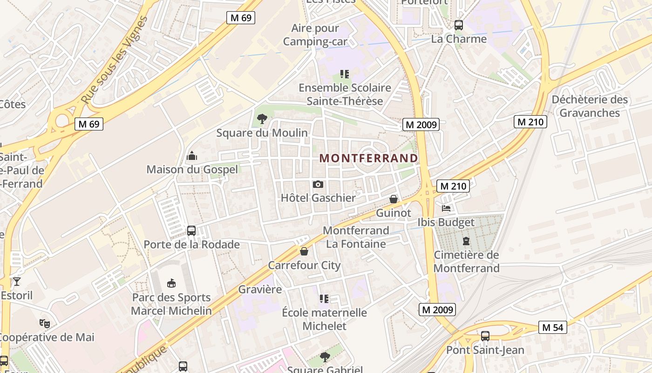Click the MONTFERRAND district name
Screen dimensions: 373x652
368,158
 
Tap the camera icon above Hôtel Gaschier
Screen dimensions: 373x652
318,185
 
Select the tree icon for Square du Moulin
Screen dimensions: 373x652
262,119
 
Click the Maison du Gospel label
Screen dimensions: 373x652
192,169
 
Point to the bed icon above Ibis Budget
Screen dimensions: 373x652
446,208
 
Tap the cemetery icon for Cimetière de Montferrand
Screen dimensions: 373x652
466,241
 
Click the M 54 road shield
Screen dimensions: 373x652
553,327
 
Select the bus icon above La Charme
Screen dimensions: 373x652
459,25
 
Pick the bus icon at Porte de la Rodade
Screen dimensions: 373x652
191,230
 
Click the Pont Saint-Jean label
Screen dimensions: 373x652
485,350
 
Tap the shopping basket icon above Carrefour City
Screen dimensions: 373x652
304,251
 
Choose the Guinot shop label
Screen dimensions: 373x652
394,213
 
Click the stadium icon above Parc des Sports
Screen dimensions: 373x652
171,283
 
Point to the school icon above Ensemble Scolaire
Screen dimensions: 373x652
345,74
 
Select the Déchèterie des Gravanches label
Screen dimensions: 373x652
590,106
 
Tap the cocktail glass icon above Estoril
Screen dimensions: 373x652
17,281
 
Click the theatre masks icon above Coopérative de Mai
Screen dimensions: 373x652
45,323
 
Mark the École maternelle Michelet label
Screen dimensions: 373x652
325,319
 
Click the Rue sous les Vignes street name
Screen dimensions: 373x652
114,60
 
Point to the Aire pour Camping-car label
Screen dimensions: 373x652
315,35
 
